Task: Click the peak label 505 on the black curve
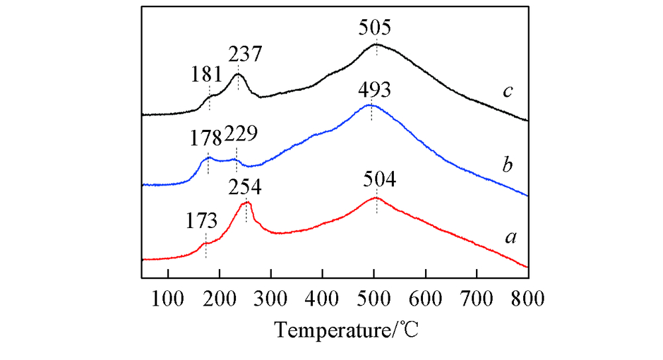point(375,29)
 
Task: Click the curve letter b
point(507,165)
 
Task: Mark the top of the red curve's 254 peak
point(247,202)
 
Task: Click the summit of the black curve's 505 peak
point(376,44)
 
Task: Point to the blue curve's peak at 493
point(370,105)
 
